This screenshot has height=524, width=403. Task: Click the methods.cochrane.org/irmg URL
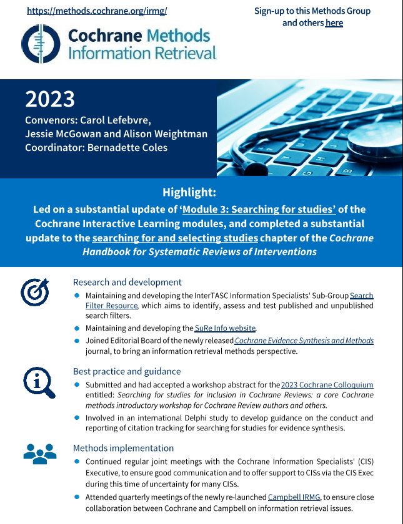point(97,11)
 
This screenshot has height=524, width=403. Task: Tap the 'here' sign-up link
point(334,23)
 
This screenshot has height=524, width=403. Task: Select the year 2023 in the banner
point(50,99)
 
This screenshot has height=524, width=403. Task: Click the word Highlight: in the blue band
point(189,192)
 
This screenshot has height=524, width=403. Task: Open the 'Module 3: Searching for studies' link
point(259,209)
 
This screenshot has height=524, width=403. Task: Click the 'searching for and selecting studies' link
point(175,238)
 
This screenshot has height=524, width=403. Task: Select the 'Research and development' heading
point(127,282)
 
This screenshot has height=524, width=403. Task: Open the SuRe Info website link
point(226,328)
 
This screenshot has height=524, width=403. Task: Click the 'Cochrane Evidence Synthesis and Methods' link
point(304,341)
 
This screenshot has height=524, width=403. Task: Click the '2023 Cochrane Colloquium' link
point(327,385)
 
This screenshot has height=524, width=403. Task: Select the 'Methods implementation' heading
point(123,448)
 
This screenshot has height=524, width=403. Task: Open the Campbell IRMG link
point(294,497)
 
